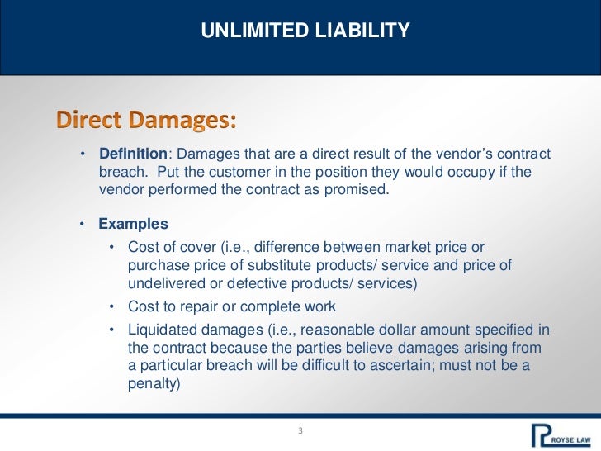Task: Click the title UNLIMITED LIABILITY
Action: coord(305,32)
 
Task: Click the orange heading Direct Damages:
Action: coord(147,121)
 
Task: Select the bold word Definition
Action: coord(134,155)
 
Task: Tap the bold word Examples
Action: coord(133,224)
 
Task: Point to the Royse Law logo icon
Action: coord(542,434)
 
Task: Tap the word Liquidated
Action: coord(163,330)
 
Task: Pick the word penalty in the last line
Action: coord(156,383)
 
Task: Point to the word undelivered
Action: coord(168,282)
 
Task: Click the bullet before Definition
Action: coord(83,156)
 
